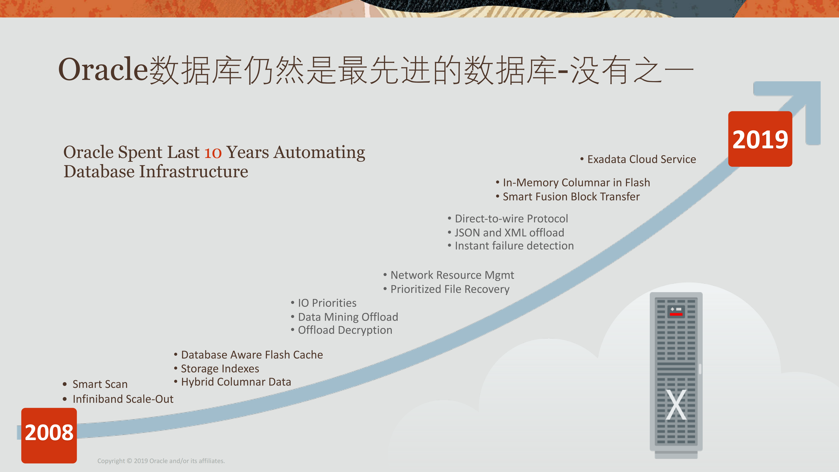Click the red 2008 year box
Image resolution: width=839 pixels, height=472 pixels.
point(49,436)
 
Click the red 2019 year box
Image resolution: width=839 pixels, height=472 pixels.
point(760,139)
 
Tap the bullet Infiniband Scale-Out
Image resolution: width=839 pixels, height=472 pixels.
point(123,399)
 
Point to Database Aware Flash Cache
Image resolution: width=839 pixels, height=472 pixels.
point(252,355)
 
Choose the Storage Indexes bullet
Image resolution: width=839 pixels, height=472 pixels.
point(220,369)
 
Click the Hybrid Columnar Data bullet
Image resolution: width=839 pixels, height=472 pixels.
point(236,382)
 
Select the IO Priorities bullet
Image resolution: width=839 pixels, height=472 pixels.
point(327,303)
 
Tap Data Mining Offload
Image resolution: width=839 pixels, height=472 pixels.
point(348,317)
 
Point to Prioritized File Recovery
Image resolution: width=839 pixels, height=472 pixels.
point(450,289)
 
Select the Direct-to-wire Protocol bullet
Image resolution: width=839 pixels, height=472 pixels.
point(511,219)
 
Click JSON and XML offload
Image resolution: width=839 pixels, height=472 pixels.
point(509,233)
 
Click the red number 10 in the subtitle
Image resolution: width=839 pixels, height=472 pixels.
point(213,153)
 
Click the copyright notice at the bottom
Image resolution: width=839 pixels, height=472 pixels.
point(161,461)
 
